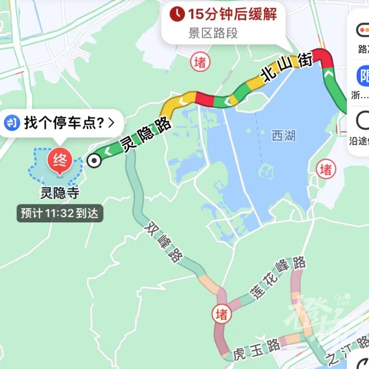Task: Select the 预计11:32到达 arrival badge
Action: pyautogui.click(x=60, y=212)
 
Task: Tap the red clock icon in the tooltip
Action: pyautogui.click(x=177, y=13)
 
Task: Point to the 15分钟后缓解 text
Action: pyautogui.click(x=232, y=14)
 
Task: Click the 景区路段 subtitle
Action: pyautogui.click(x=213, y=33)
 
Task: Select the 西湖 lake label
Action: pyautogui.click(x=283, y=135)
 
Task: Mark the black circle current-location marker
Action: pyautogui.click(x=94, y=161)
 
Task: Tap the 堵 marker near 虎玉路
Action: pyautogui.click(x=221, y=313)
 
